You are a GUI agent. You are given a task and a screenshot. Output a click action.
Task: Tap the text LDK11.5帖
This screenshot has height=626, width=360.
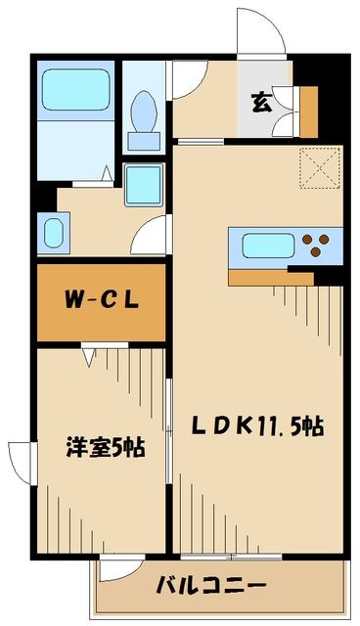click(257, 425)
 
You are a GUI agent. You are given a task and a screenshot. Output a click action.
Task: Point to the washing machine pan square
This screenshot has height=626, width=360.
click(146, 184)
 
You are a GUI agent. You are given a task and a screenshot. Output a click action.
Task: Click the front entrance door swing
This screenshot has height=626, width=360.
click(260, 29)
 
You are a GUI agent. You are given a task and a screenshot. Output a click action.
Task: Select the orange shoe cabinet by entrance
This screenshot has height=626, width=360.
click(310, 112)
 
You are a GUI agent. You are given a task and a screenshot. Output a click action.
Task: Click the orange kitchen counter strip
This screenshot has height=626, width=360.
click(271, 278)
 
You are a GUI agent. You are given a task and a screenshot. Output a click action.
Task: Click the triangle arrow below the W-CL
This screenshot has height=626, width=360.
click(90, 358)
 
